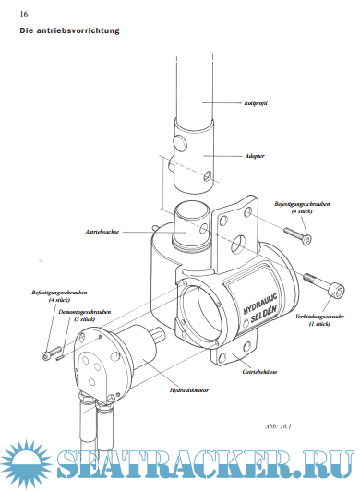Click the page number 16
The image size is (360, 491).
[24, 14]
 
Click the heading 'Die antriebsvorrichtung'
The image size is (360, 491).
[69, 30]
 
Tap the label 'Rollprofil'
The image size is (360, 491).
[256, 103]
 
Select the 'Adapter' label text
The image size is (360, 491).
[255, 156]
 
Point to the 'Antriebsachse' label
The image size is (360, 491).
[102, 232]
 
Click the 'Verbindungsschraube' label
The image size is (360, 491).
[319, 317]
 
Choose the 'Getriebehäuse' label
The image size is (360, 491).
[259, 372]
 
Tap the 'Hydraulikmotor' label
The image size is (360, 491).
[189, 390]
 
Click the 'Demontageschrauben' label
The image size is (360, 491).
[85, 312]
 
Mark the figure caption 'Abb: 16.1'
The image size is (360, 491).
[278, 426]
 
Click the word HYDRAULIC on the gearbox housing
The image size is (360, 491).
[260, 304]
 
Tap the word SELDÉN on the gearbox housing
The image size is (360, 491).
[264, 315]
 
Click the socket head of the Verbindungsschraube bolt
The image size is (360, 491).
[336, 291]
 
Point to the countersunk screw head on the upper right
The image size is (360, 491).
[307, 240]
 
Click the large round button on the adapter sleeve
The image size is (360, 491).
[181, 143]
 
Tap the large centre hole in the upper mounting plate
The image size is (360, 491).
[238, 245]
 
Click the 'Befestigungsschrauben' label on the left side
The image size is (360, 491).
[59, 293]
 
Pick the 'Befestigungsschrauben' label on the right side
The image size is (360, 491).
[302, 204]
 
